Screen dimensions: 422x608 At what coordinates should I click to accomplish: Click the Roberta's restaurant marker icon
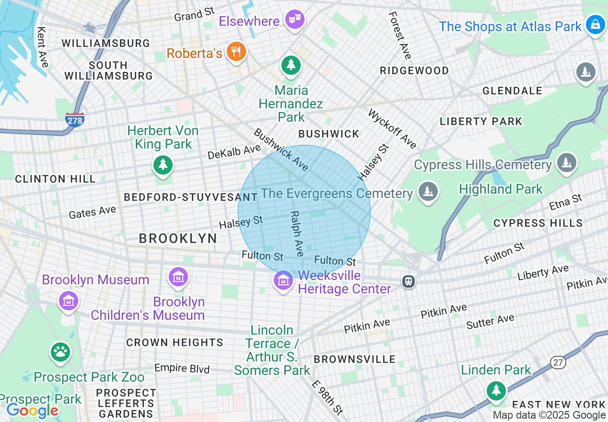click(235, 52)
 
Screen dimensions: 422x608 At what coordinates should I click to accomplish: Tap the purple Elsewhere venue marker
click(294, 20)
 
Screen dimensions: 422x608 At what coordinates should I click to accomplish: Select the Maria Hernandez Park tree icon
click(291, 65)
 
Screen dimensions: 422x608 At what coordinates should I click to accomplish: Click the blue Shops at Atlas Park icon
click(595, 25)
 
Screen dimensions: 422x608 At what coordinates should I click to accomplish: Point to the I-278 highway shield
click(75, 120)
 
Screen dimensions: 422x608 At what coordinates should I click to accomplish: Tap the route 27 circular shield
click(558, 363)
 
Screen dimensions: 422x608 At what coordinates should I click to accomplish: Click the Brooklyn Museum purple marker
click(68, 302)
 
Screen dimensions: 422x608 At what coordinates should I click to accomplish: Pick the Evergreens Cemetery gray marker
click(428, 191)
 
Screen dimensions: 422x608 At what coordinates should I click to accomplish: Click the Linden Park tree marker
click(496, 390)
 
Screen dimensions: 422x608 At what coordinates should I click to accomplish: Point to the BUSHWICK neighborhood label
click(328, 134)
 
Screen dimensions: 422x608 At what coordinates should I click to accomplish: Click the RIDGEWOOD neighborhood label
click(414, 71)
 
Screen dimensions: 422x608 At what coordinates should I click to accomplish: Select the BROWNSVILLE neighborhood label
click(354, 359)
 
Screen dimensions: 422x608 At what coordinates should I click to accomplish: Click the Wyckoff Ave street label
click(392, 129)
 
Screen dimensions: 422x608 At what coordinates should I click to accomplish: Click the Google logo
click(32, 411)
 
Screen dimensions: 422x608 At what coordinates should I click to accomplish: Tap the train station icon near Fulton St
click(409, 281)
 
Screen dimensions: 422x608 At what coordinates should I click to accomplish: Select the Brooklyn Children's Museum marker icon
click(178, 277)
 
